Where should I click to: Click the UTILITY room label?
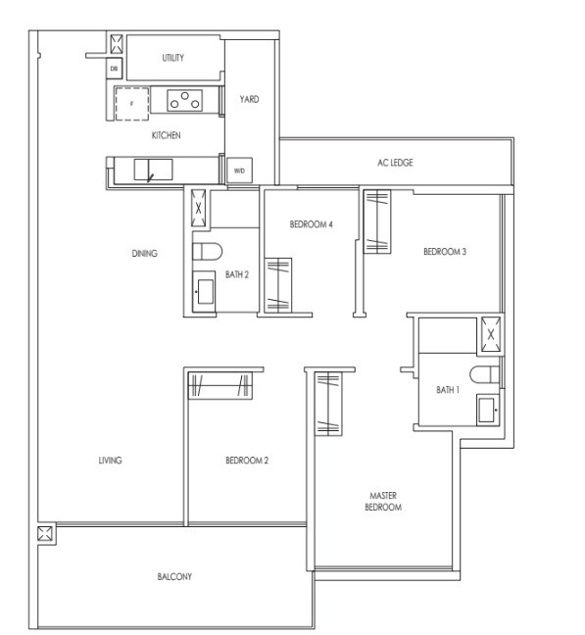[x=172, y=58]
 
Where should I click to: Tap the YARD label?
[x=249, y=99]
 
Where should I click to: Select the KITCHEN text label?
[x=166, y=135]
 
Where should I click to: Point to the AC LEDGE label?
[x=395, y=163]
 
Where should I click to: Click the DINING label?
[x=144, y=254]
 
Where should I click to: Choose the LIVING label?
[x=110, y=460]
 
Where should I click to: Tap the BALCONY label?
[x=174, y=576]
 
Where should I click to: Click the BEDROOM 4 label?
[x=311, y=224]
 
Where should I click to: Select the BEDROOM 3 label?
[x=445, y=252]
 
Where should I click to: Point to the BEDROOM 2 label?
[x=247, y=461]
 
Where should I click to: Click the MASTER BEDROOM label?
[x=383, y=502]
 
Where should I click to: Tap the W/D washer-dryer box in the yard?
[x=239, y=171]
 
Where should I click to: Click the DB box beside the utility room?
[x=115, y=69]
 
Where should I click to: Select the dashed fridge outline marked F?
[x=132, y=104]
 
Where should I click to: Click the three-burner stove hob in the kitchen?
[x=184, y=100]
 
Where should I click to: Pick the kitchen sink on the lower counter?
[x=153, y=170]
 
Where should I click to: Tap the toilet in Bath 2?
[x=207, y=252]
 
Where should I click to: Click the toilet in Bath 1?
[x=485, y=374]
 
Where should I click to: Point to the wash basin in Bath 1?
[x=488, y=410]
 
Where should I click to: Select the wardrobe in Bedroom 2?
[x=220, y=385]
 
